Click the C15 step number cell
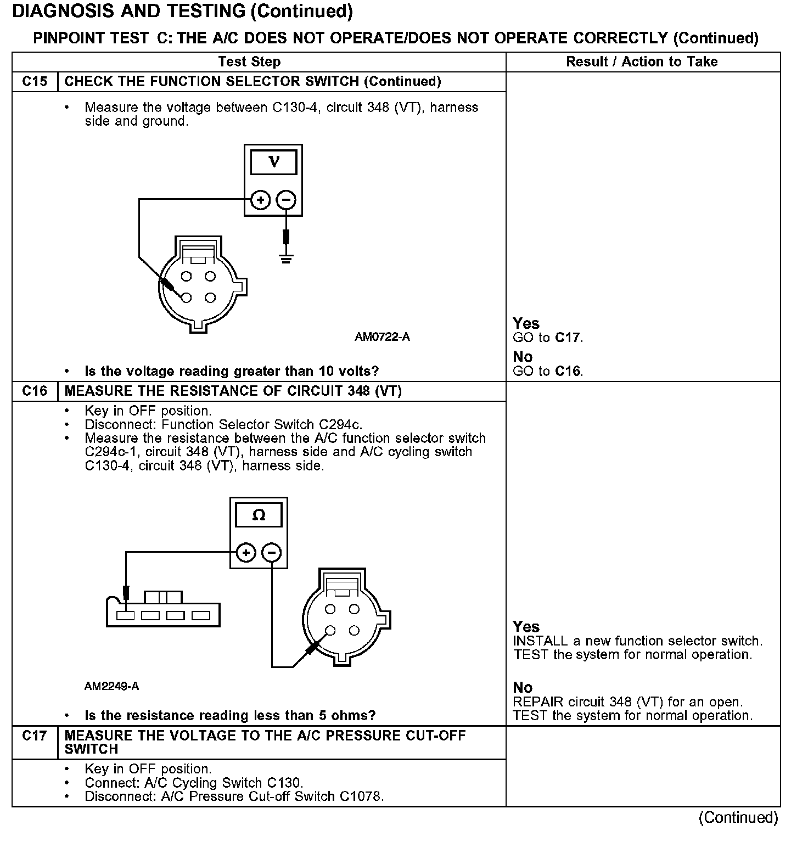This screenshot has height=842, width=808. [35, 82]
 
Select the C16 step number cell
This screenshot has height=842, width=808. [35, 391]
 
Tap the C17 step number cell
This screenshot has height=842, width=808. [35, 736]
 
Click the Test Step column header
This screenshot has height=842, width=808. [249, 62]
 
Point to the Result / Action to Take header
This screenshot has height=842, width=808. [642, 62]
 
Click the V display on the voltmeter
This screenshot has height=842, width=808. [273, 162]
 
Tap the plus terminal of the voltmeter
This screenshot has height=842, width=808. [260, 200]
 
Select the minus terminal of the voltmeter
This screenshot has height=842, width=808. [285, 200]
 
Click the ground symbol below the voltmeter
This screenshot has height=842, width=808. [285, 258]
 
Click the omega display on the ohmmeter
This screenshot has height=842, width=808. [259, 515]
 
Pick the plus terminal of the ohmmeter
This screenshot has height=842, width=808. [246, 553]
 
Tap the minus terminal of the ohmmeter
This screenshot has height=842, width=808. [272, 553]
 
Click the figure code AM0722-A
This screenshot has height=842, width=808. [382, 337]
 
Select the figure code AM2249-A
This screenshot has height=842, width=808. [112, 687]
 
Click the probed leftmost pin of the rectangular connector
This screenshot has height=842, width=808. [126, 616]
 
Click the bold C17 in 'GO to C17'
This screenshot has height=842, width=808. [568, 338]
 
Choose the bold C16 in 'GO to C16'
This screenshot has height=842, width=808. [568, 372]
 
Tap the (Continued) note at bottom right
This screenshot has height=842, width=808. [738, 817]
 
